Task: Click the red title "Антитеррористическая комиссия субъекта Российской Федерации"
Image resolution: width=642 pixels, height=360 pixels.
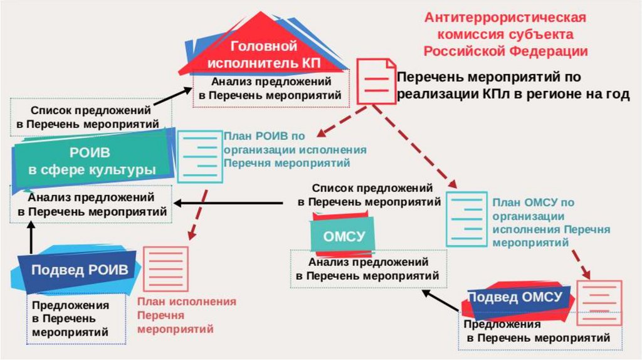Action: tap(505, 34)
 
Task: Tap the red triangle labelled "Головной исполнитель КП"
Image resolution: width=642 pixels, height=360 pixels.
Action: tap(263, 53)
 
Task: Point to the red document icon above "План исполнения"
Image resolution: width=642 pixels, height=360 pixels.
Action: tap(166, 268)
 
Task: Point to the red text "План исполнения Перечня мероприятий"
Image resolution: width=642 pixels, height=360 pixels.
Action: tap(187, 315)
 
